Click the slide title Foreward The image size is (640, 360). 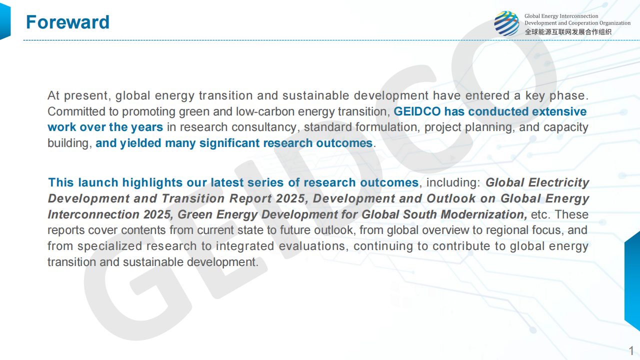coord(67,22)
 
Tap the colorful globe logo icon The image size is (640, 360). coord(507,23)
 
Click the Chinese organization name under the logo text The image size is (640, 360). coord(568,32)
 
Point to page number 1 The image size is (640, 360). coord(631,350)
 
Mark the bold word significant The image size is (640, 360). coord(229,143)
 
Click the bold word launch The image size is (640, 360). coord(98,182)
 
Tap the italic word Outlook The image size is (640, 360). coord(451,198)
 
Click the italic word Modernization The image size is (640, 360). coord(484,214)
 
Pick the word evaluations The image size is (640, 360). coord(312,246)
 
